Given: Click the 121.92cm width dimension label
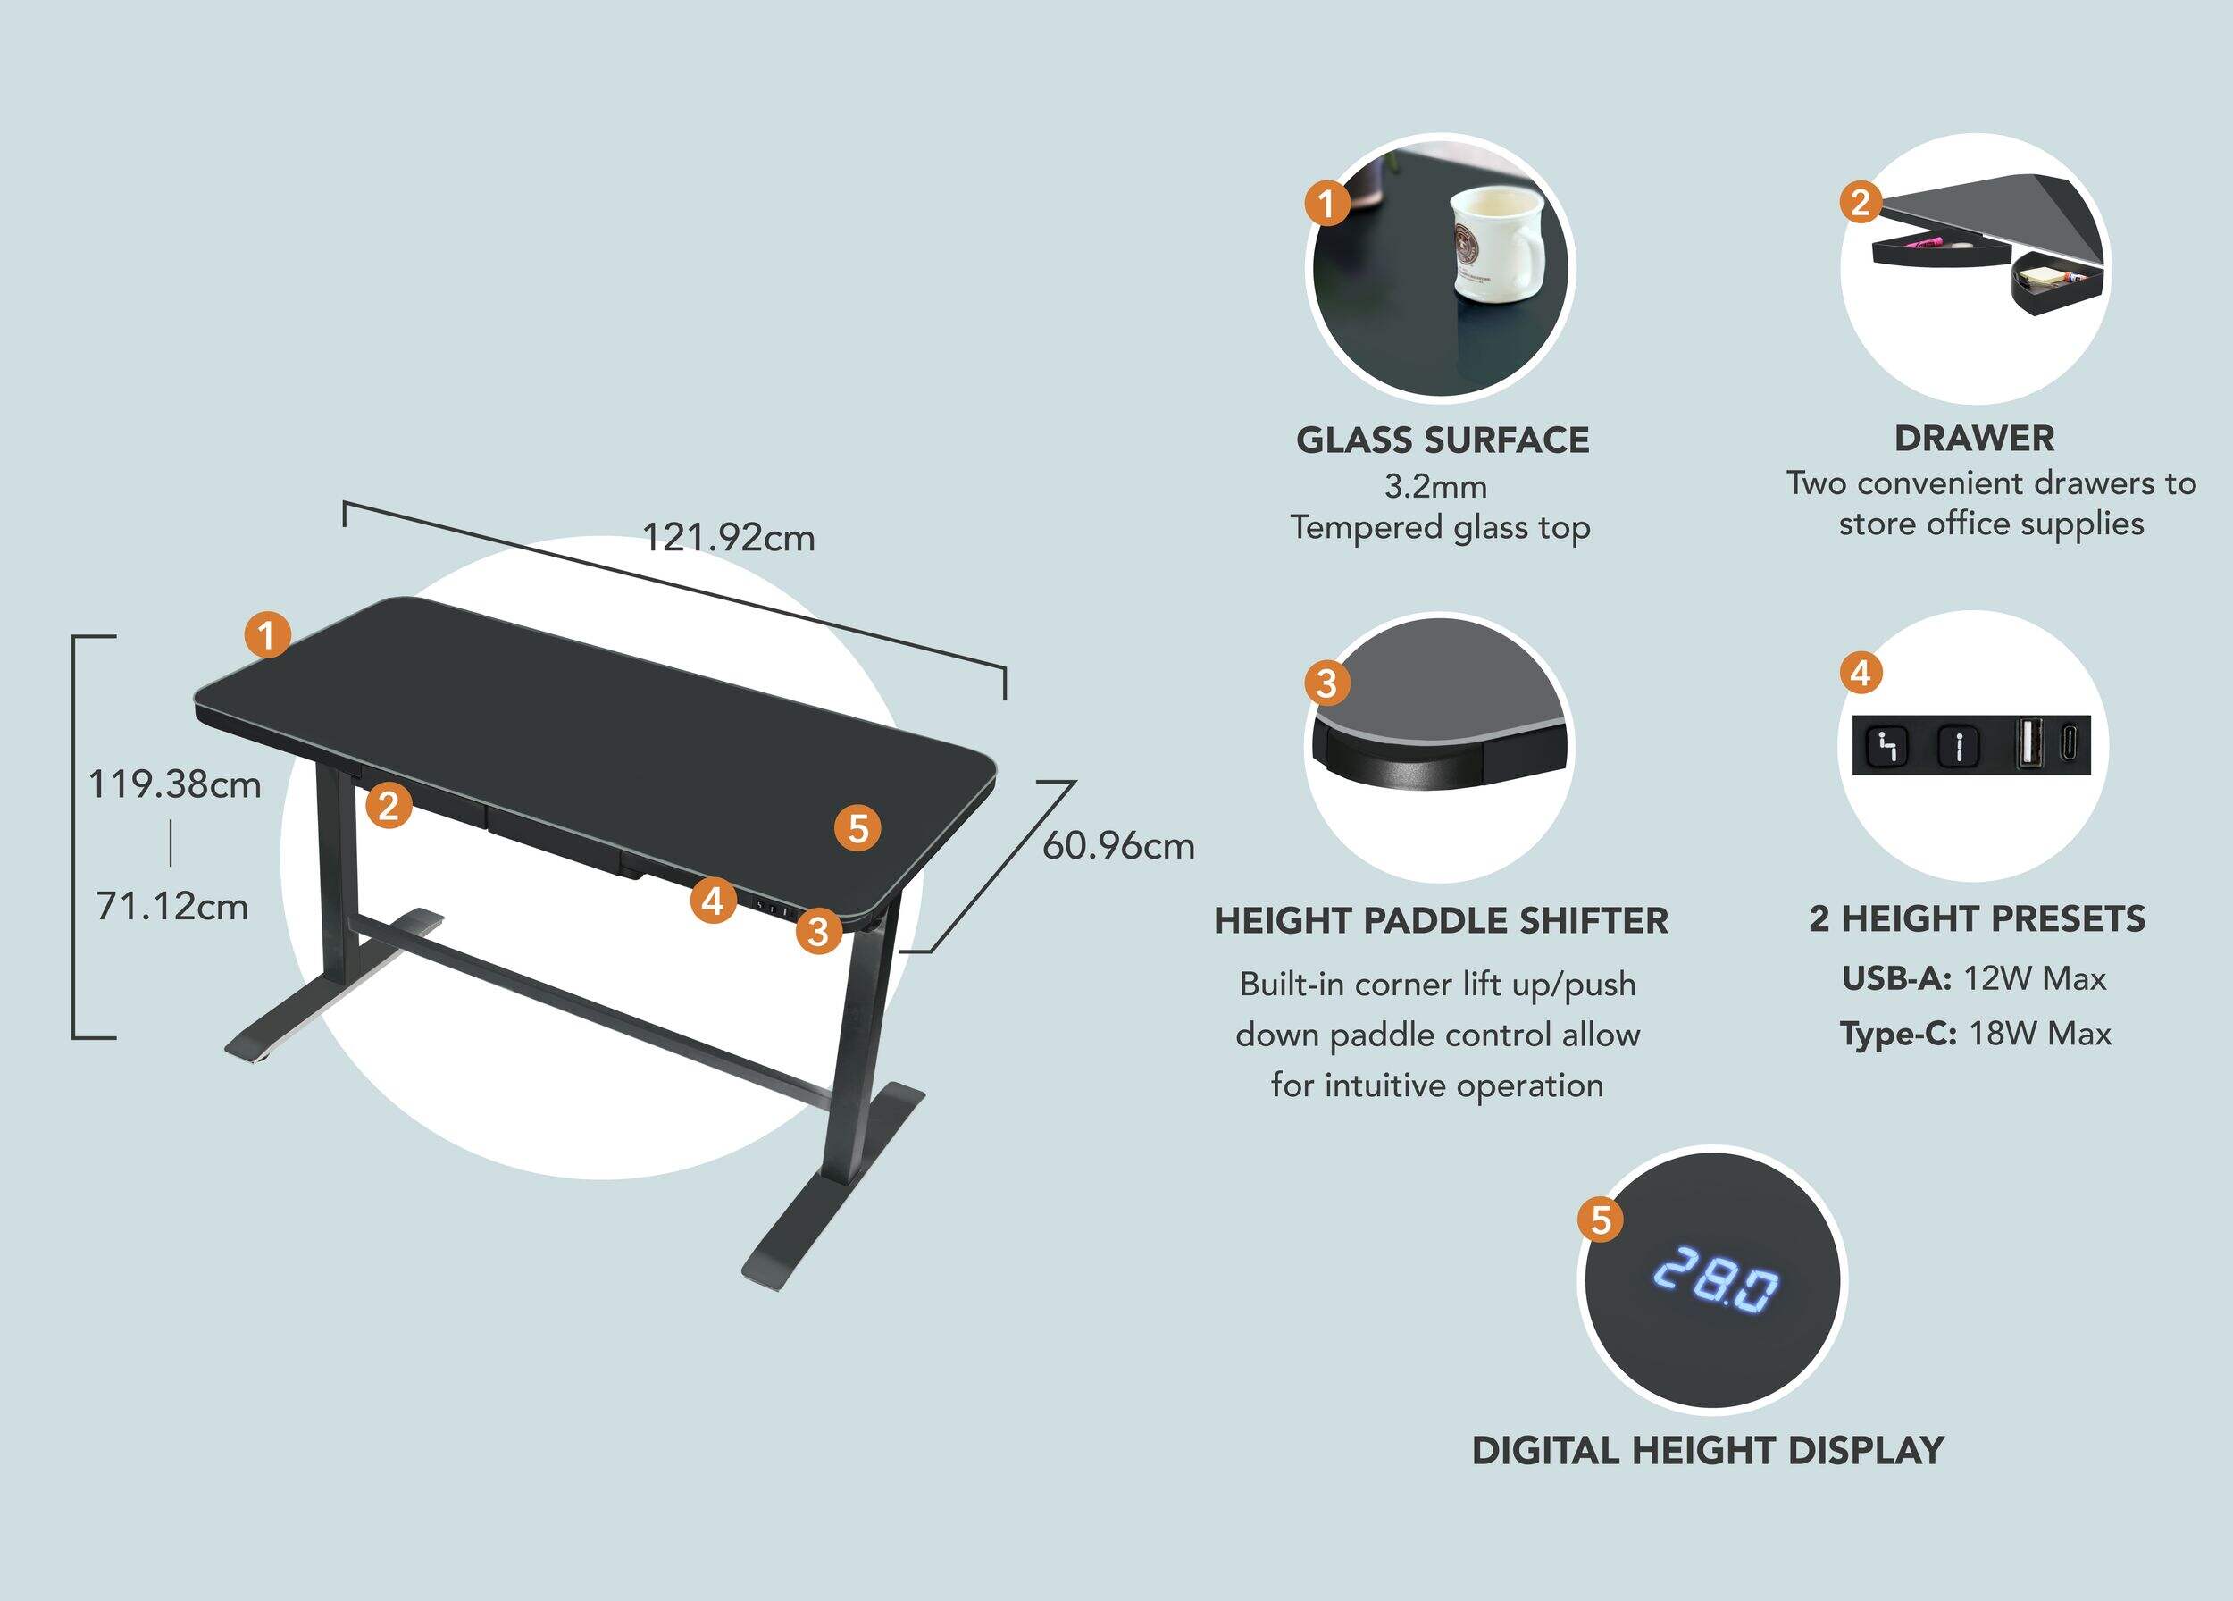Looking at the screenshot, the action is pyautogui.click(x=729, y=538).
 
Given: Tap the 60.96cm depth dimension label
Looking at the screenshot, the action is pyautogui.click(x=1118, y=846).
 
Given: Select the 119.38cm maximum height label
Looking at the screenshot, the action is pyautogui.click(x=175, y=784).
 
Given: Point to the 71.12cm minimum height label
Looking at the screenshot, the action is pyautogui.click(x=172, y=906).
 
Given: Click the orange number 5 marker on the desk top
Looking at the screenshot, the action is pyautogui.click(x=857, y=828).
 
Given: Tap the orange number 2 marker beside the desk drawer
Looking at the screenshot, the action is pyautogui.click(x=389, y=806).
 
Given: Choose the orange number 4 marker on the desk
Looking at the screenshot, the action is pyautogui.click(x=713, y=901).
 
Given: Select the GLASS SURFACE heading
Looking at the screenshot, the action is pyautogui.click(x=1443, y=440).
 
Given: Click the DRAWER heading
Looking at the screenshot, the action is pyautogui.click(x=1974, y=438).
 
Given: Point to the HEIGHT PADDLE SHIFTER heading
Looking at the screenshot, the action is pyautogui.click(x=1442, y=920).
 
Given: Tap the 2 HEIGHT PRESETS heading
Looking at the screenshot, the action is pyautogui.click(x=1977, y=918).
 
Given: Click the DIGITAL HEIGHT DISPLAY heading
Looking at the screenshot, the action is pyautogui.click(x=1708, y=1450).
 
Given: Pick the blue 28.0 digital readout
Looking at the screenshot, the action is pyautogui.click(x=1715, y=1279).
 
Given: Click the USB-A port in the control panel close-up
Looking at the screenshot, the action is pyautogui.click(x=2028, y=743).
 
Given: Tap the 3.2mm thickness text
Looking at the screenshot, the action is pyautogui.click(x=1435, y=486).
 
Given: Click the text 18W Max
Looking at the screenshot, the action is pyautogui.click(x=2040, y=1034).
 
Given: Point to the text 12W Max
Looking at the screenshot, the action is pyautogui.click(x=2035, y=978).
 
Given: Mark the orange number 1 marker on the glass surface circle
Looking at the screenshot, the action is pyautogui.click(x=1326, y=204).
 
